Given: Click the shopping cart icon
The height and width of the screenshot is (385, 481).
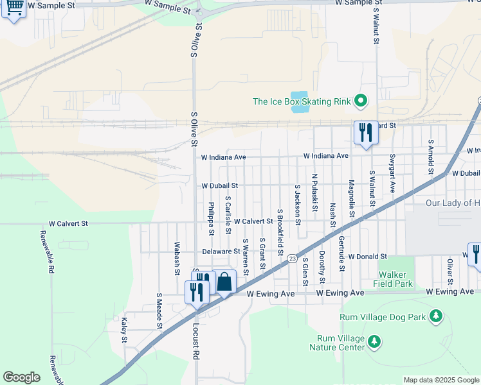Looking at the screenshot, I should [14, 8].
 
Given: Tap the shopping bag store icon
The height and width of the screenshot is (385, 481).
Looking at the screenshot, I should [224, 282].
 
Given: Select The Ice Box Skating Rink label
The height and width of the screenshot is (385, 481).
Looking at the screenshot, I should [302, 101].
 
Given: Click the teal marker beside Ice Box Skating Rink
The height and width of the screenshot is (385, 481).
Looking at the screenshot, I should [361, 101].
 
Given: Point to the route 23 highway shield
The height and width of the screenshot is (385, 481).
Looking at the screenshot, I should [293, 258].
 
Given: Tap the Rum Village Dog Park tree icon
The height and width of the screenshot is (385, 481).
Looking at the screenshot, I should [437, 316].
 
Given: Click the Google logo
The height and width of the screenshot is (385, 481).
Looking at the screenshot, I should [21, 377].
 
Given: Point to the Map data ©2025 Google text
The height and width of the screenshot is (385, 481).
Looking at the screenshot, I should [440, 380].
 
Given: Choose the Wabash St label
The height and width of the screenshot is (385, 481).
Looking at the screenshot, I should [176, 258].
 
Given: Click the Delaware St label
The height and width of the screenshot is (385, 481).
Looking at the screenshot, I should [221, 252].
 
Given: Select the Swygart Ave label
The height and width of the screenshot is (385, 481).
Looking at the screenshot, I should [392, 172].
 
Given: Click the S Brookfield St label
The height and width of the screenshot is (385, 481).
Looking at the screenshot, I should [280, 231].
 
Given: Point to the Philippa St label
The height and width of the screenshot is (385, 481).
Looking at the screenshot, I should [211, 218].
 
